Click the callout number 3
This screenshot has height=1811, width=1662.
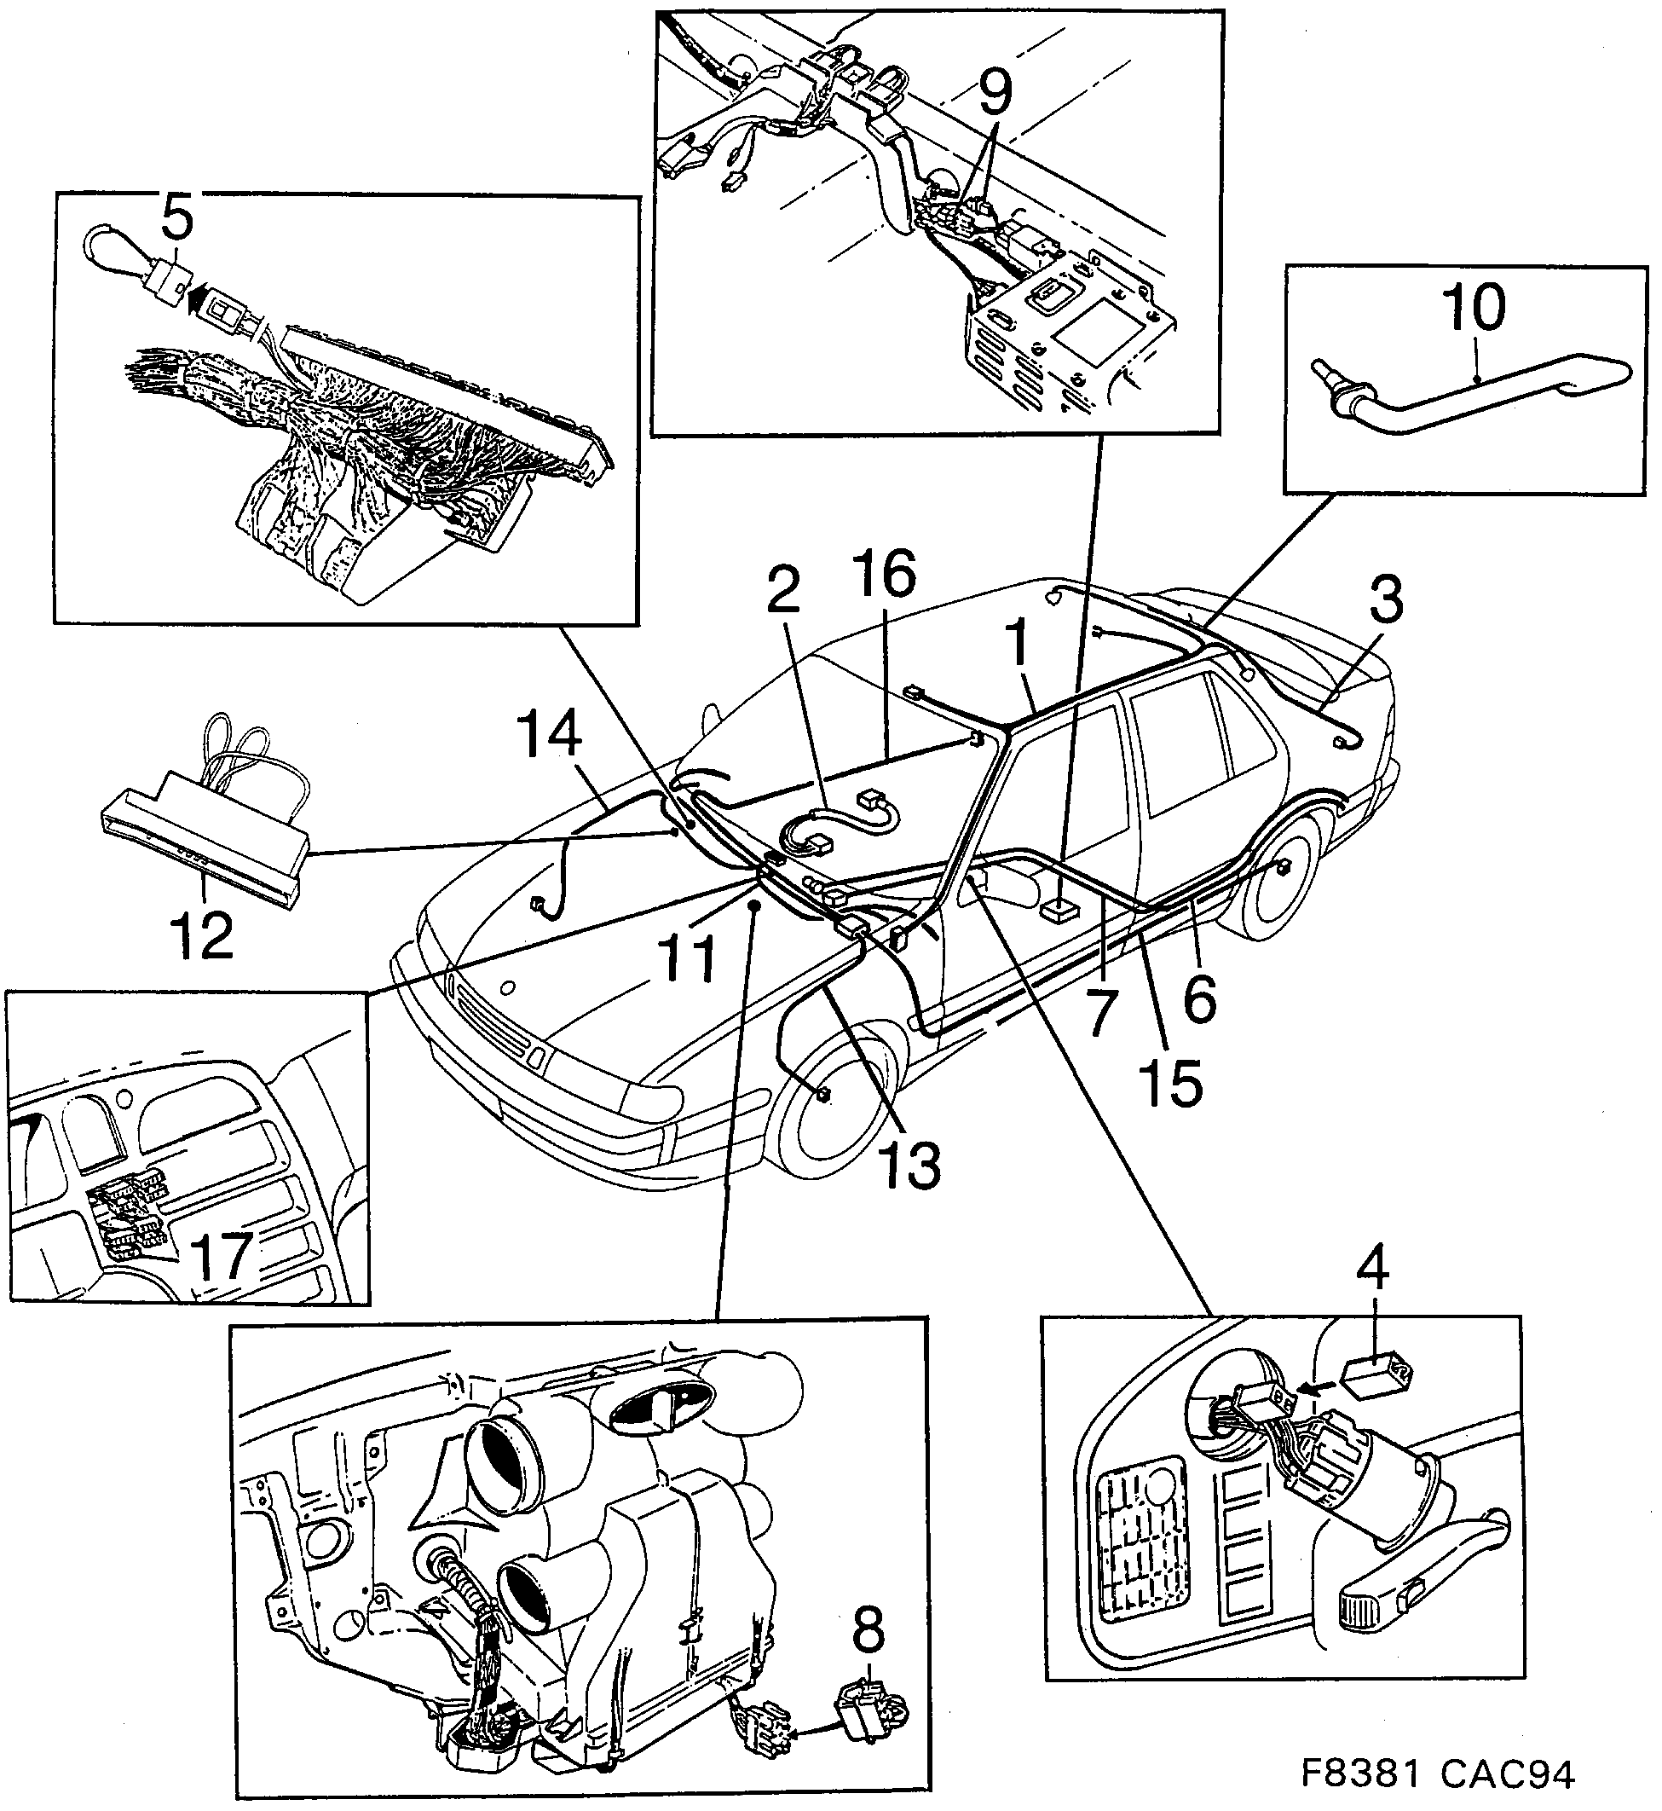(x=1386, y=601)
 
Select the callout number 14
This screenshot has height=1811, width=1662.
(x=550, y=734)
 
